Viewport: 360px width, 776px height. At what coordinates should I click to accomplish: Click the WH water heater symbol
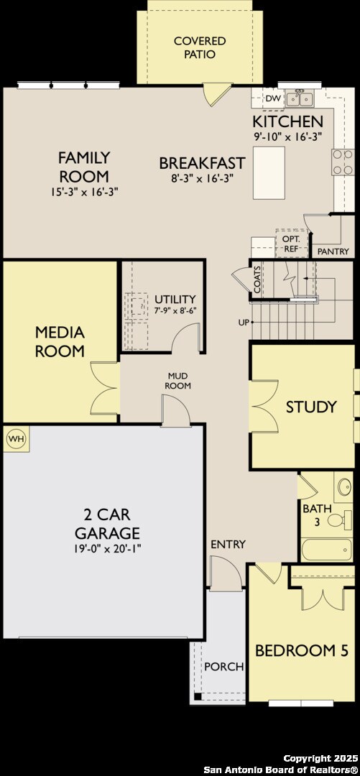(x=15, y=438)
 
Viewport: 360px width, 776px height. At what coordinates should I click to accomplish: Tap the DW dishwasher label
(x=272, y=98)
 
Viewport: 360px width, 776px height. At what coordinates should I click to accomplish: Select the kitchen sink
(x=297, y=98)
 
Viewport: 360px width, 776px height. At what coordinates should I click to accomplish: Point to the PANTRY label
(x=333, y=251)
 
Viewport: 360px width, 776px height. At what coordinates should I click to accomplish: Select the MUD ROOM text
(x=179, y=380)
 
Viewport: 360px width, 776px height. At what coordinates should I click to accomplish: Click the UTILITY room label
(x=175, y=299)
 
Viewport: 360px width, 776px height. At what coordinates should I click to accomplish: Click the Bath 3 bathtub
(x=326, y=550)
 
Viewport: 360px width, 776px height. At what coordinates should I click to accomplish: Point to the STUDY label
(x=311, y=407)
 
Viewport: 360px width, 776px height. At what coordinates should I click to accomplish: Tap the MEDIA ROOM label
(x=60, y=342)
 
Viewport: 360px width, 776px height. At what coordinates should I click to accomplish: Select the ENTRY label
(x=228, y=544)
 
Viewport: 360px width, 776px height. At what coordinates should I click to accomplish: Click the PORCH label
(x=223, y=667)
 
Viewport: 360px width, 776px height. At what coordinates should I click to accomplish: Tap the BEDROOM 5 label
(x=302, y=651)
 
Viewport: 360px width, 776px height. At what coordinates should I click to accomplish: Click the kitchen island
(x=269, y=172)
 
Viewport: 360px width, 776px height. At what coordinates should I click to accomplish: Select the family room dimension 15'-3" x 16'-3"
(x=83, y=192)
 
